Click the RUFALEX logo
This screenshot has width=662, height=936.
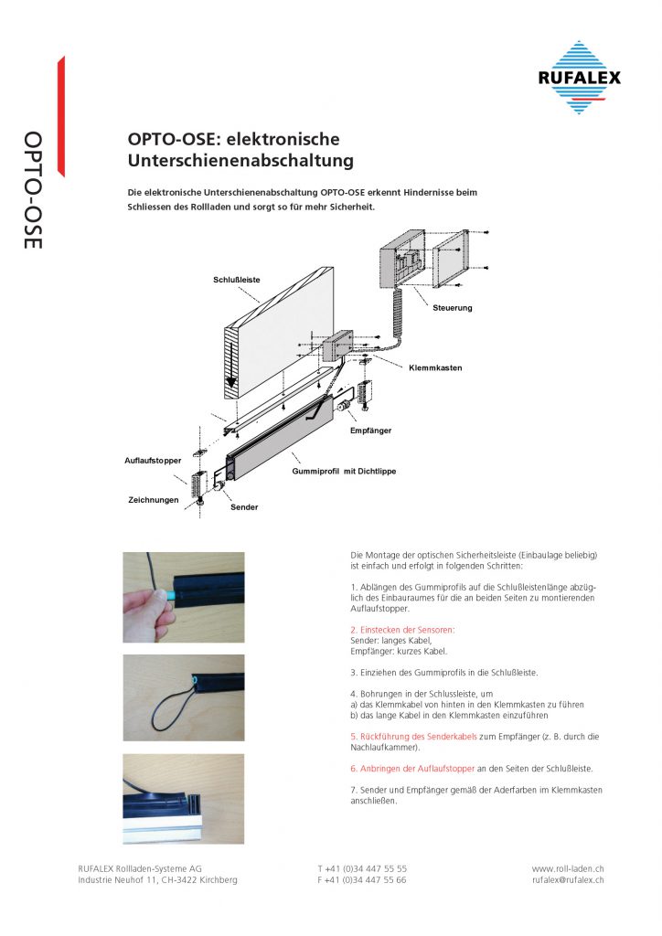tap(578, 78)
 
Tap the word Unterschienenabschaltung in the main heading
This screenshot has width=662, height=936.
tap(240, 162)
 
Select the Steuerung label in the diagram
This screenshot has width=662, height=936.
tap(452, 308)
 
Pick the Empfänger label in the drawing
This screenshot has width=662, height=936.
tap(371, 430)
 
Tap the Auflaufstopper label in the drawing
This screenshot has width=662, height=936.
tap(153, 459)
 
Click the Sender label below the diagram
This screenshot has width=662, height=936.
tap(244, 506)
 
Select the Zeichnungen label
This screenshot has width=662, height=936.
tap(153, 500)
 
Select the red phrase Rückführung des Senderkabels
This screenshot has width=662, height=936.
tap(413, 736)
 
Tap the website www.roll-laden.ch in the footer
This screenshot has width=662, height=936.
tap(567, 868)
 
